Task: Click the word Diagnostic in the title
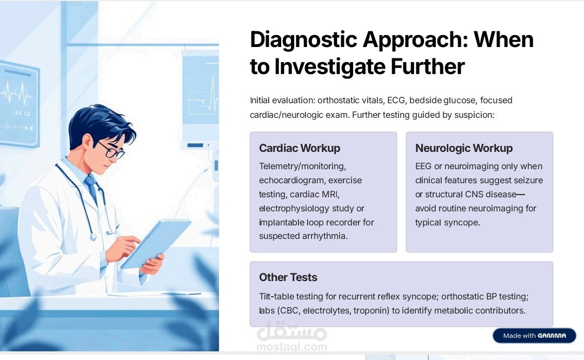(x=303, y=40)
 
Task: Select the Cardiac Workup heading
(x=300, y=148)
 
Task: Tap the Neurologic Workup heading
(x=464, y=148)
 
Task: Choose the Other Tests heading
(x=288, y=277)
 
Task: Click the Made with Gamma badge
(x=534, y=336)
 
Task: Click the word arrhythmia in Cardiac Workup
(x=324, y=236)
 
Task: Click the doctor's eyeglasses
(x=111, y=149)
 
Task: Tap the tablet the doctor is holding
(x=155, y=244)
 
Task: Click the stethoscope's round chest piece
(x=93, y=236)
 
